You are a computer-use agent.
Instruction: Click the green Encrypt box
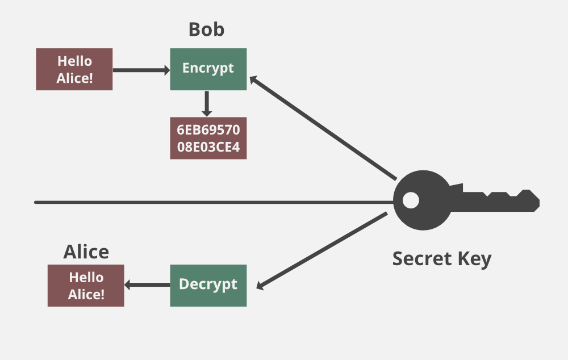click(x=208, y=69)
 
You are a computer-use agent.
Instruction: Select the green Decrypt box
click(x=208, y=285)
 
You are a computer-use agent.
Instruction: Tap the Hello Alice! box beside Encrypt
click(x=74, y=69)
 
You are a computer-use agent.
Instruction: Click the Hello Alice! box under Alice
click(x=86, y=286)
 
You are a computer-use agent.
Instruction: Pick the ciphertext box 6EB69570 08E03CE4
click(x=208, y=138)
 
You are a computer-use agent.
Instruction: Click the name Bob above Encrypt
click(x=206, y=30)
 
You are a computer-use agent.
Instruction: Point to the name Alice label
click(x=86, y=252)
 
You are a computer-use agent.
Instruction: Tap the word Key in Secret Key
click(x=473, y=259)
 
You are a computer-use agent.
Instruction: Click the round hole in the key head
click(x=411, y=200)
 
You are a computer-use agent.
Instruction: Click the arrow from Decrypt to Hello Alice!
click(x=147, y=285)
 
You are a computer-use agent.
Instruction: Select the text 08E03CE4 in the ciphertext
click(x=208, y=148)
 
